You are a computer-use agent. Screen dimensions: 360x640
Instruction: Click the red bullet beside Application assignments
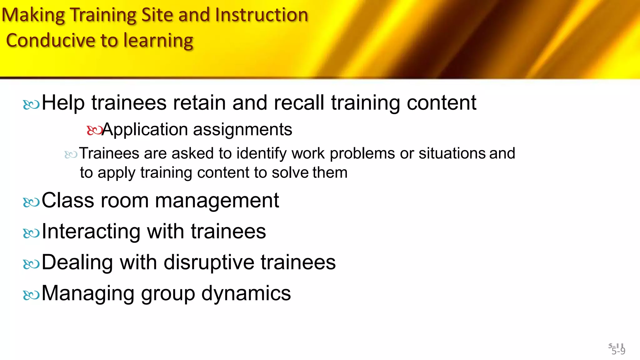pos(94,130)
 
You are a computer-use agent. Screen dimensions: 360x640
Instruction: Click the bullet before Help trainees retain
pos(31,104)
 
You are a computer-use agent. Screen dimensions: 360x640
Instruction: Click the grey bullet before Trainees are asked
pos(71,154)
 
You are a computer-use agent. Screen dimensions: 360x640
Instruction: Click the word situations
pos(452,153)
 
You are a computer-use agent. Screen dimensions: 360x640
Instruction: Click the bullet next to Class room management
pos(31,202)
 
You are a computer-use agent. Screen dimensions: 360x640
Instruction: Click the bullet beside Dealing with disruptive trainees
pos(31,264)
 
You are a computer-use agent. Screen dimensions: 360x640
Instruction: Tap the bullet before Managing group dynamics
pos(31,295)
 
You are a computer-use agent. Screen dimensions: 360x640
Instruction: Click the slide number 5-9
pos(618,351)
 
